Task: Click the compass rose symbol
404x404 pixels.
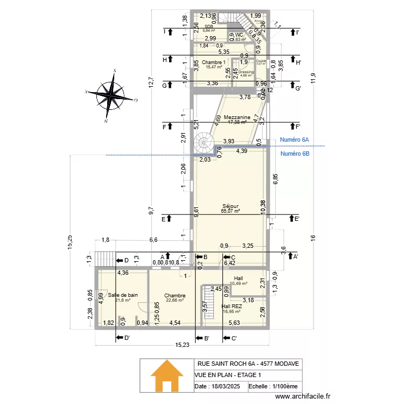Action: (111, 95)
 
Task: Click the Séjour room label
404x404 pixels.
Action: (230, 206)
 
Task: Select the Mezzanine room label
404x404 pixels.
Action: (236, 117)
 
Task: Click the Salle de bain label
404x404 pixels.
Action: (123, 295)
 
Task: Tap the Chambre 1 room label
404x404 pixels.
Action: (214, 62)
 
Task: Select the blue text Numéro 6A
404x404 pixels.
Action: (294, 140)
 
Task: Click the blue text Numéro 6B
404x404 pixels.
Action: (295, 154)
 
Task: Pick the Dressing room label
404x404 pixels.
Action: (246, 72)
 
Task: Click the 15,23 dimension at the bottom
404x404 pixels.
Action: (181, 346)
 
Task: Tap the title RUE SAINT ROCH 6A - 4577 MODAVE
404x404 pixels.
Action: (248, 364)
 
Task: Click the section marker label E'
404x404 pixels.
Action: (297, 219)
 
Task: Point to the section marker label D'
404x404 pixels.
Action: (127, 338)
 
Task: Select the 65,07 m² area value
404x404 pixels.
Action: (230, 211)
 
